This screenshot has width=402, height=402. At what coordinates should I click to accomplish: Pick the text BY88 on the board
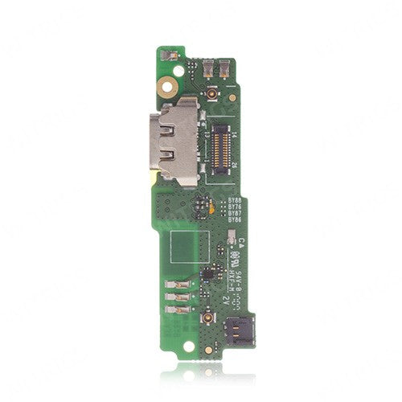[x=234, y=199]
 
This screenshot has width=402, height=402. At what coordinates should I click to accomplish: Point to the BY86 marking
[x=234, y=219]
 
